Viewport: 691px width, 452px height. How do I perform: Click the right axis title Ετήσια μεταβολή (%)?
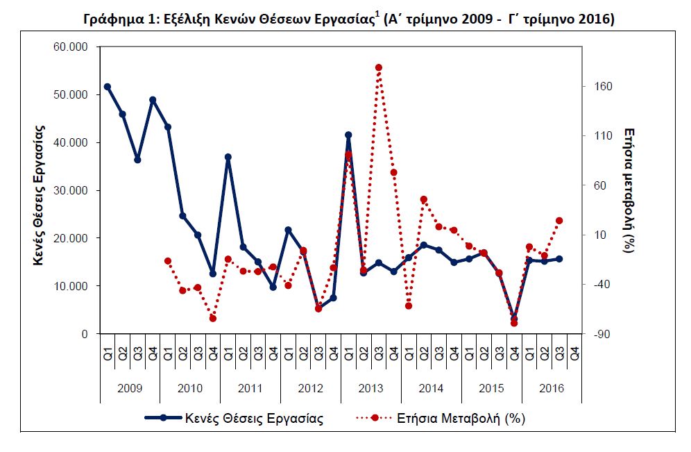coord(629,190)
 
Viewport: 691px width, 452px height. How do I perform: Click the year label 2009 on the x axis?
coord(130,388)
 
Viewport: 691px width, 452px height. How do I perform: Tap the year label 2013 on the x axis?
coord(371,388)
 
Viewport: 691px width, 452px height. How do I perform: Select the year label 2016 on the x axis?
coord(552,388)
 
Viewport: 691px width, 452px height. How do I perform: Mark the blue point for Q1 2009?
coord(108,87)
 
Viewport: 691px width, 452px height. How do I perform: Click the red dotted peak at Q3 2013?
coord(379,67)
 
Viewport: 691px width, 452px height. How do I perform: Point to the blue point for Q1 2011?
coord(228,157)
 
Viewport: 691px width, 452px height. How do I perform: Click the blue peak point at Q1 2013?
coord(348,135)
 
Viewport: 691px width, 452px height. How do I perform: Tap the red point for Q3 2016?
coord(559,221)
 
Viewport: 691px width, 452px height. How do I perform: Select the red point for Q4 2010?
coord(213,319)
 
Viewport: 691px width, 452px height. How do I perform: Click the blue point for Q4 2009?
coord(153,100)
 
